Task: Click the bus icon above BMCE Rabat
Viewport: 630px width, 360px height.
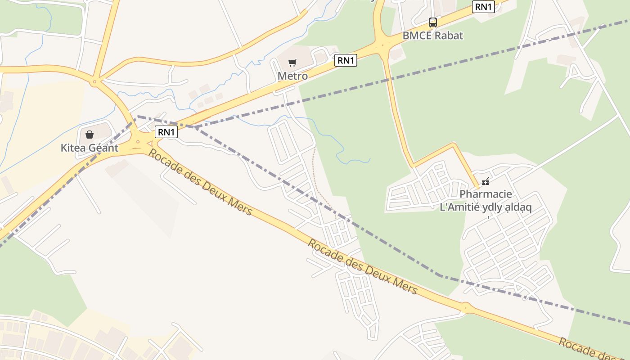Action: (432, 22)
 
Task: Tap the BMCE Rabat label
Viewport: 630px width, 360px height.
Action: (432, 36)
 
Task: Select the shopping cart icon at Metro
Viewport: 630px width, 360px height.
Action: (292, 63)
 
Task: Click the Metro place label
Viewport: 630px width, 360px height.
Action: (292, 76)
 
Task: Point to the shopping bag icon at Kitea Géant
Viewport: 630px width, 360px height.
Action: (90, 134)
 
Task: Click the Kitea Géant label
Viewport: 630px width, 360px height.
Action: (90, 148)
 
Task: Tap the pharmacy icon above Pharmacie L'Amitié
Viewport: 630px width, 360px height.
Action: (485, 181)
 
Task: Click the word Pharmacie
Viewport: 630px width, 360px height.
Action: (486, 194)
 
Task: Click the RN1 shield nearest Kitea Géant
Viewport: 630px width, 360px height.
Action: (166, 132)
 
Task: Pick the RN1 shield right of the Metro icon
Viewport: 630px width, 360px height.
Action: (346, 60)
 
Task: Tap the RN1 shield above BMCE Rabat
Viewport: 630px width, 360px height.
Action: (483, 7)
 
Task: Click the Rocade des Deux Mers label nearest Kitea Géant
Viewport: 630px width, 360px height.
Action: (200, 182)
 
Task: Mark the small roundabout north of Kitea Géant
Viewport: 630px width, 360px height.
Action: (94, 82)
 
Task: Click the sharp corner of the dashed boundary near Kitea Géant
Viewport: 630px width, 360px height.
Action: (137, 117)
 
